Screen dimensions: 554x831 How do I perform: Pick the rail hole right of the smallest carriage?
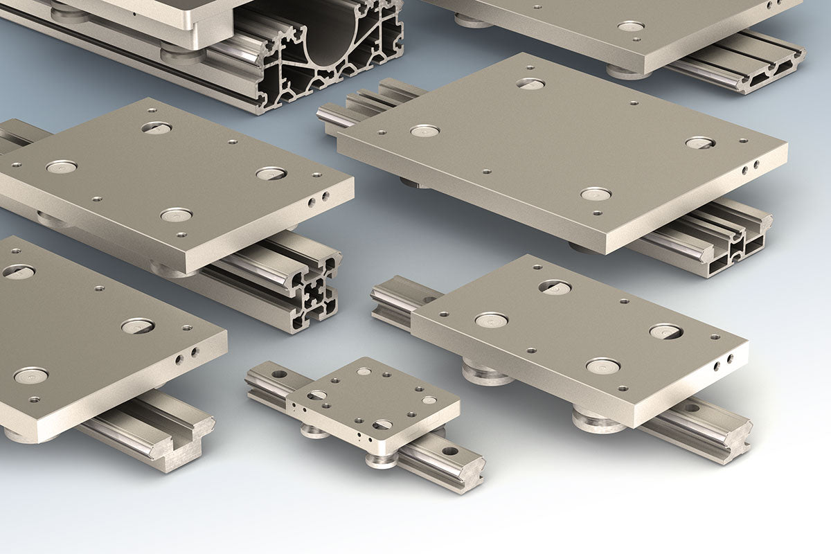(x=450, y=452)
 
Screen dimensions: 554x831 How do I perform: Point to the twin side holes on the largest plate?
(x=750, y=167)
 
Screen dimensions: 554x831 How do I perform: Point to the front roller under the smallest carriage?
(x=382, y=459)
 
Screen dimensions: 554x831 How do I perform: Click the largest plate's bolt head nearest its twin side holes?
(x=699, y=143)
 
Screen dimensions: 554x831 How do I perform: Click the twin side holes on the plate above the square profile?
(x=319, y=201)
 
